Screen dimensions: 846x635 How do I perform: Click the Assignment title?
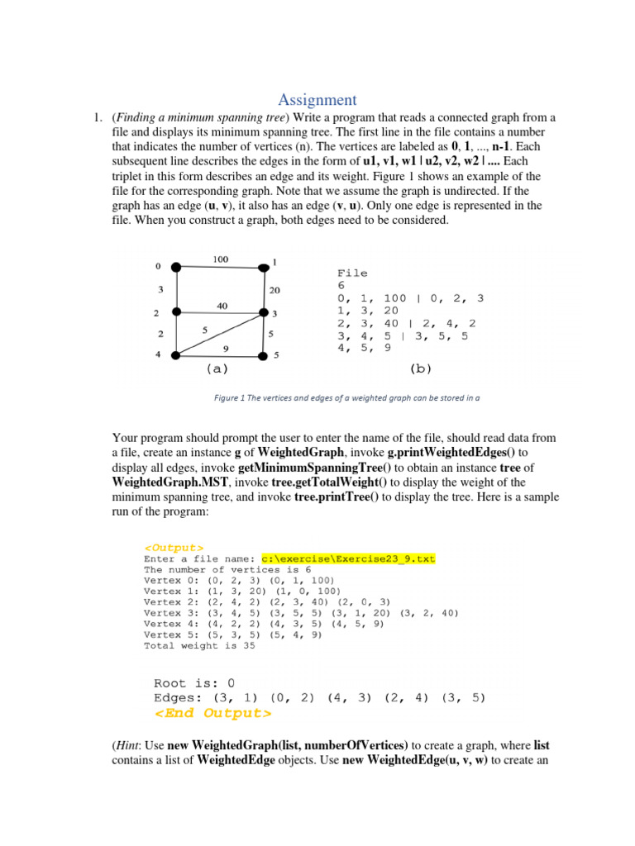[x=317, y=100]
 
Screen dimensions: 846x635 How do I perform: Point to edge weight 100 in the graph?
[x=220, y=259]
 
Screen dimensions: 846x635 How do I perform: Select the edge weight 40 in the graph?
[x=222, y=306]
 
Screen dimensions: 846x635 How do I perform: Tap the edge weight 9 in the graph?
[x=226, y=348]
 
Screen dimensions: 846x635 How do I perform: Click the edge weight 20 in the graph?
[x=275, y=290]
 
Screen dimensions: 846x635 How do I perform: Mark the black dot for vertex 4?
[x=176, y=355]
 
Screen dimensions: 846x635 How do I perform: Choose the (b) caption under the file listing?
[x=421, y=369]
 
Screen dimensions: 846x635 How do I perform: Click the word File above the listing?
[x=352, y=273]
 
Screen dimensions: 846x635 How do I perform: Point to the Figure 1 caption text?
[x=347, y=397]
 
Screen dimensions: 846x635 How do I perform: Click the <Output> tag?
[x=174, y=547]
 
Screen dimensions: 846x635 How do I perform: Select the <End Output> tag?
[x=212, y=713]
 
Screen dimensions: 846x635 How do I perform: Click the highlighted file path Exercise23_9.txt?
[x=347, y=558]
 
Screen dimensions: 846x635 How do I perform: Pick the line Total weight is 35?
[x=199, y=646]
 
